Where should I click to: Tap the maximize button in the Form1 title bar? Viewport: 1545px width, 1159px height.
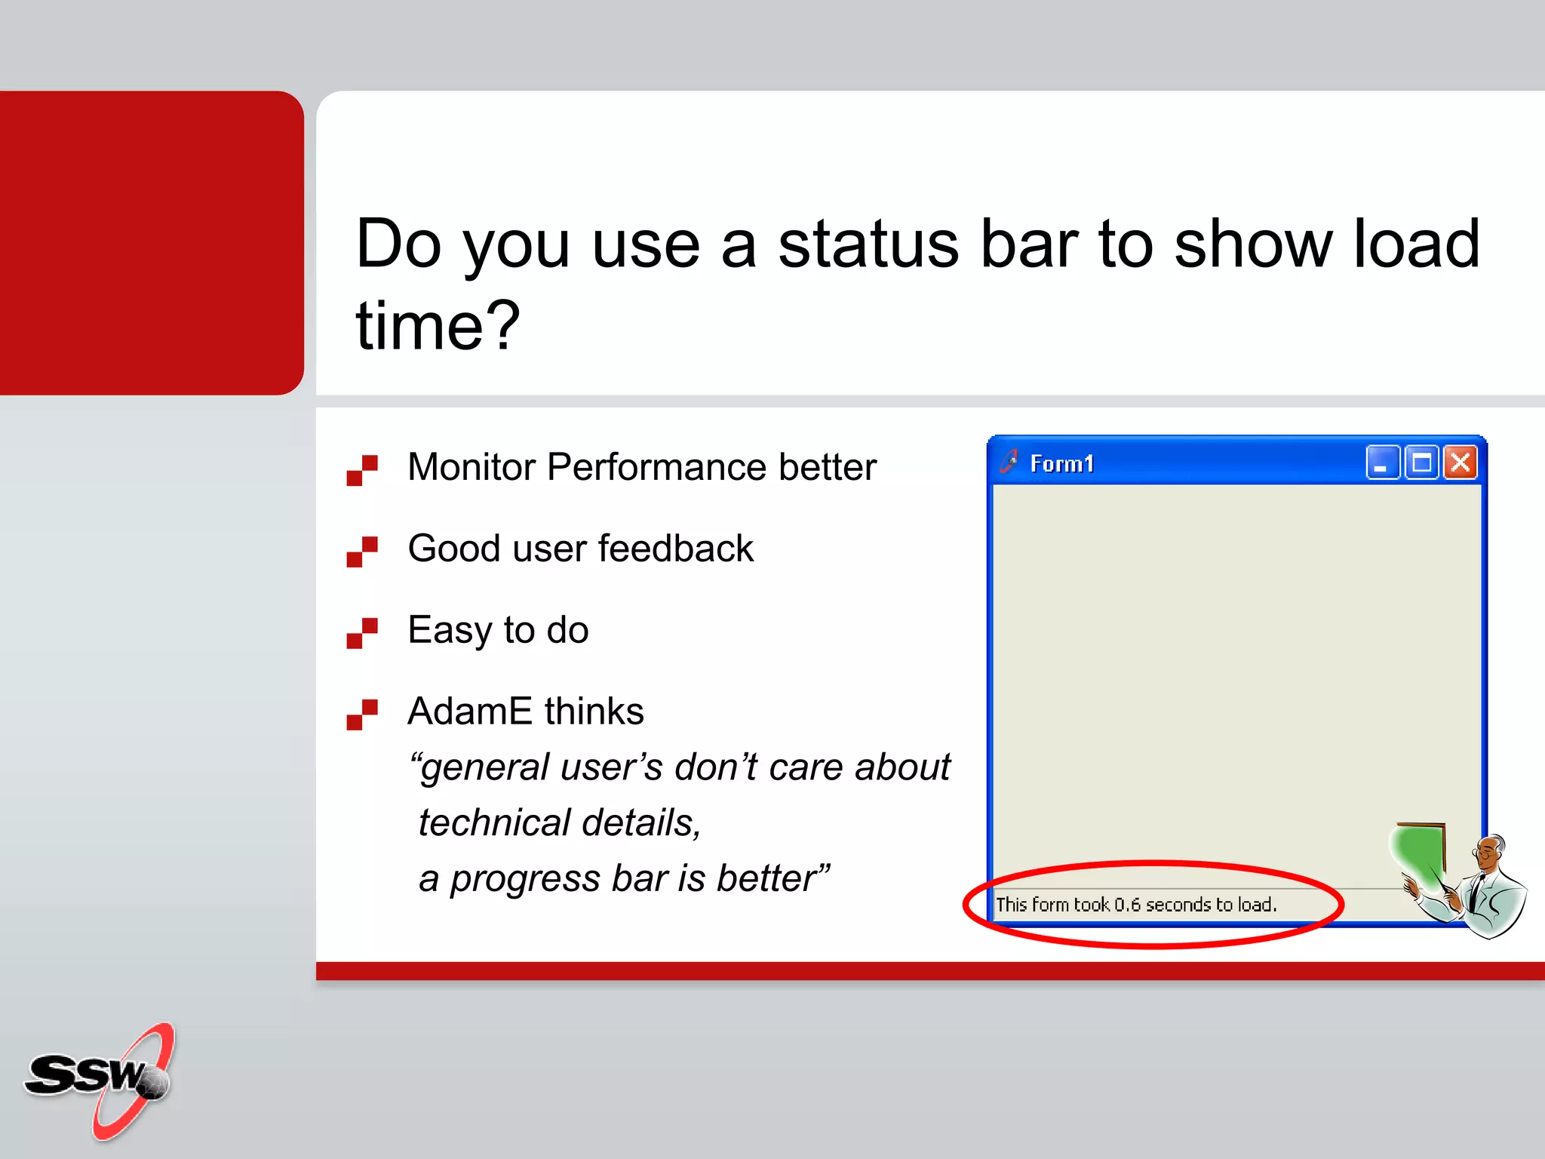click(x=1422, y=463)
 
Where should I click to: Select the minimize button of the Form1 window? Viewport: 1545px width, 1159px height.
click(x=1382, y=463)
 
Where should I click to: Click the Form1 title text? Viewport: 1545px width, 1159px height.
click(x=1062, y=464)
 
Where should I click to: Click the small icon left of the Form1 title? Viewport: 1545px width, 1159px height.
click(x=1009, y=461)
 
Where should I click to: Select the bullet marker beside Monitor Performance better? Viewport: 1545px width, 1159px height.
click(x=362, y=470)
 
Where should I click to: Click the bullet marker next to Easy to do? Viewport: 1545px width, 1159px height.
click(x=362, y=633)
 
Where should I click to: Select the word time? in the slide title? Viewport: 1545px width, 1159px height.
click(x=438, y=326)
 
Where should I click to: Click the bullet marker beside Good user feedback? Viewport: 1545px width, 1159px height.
click(x=362, y=552)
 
